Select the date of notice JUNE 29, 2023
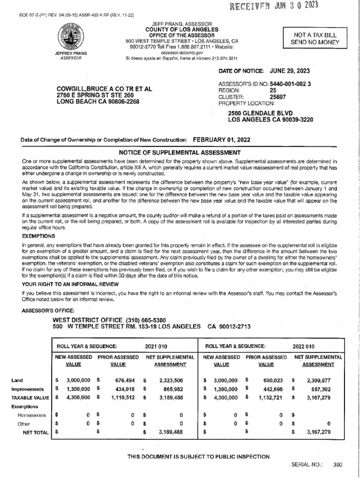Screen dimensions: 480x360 pyautogui.click(x=289, y=71)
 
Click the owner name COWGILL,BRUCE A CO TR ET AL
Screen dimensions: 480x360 pyautogui.click(x=104, y=89)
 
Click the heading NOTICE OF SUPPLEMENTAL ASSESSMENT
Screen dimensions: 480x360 pyautogui.click(x=180, y=152)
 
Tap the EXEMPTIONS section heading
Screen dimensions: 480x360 pyautogui.click(x=38, y=236)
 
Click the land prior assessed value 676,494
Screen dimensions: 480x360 pyautogui.click(x=125, y=380)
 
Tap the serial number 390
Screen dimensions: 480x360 pyautogui.click(x=337, y=465)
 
